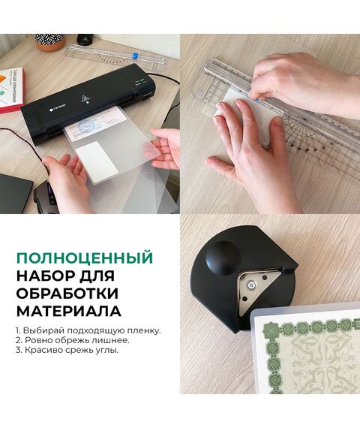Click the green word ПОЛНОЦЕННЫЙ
(85, 258)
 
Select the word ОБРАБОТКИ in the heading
(67, 294)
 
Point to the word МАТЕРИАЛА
(69, 311)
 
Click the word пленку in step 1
(144, 331)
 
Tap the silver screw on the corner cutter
(252, 285)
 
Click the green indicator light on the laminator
(142, 80)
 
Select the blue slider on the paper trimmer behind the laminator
(134, 56)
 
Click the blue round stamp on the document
(86, 126)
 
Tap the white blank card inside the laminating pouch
(97, 162)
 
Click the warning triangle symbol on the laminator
(85, 98)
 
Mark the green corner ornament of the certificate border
(269, 330)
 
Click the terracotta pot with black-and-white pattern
(50, 42)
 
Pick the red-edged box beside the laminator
(11, 91)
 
